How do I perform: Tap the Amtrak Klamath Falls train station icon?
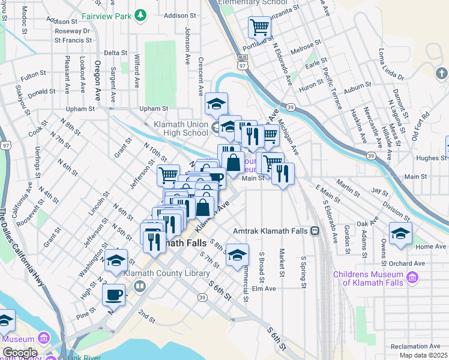315,231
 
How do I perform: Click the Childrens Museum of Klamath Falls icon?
412,278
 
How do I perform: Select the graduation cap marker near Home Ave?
400,233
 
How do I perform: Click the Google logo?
20,352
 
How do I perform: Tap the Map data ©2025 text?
423,355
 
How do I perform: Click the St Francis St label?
73,41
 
